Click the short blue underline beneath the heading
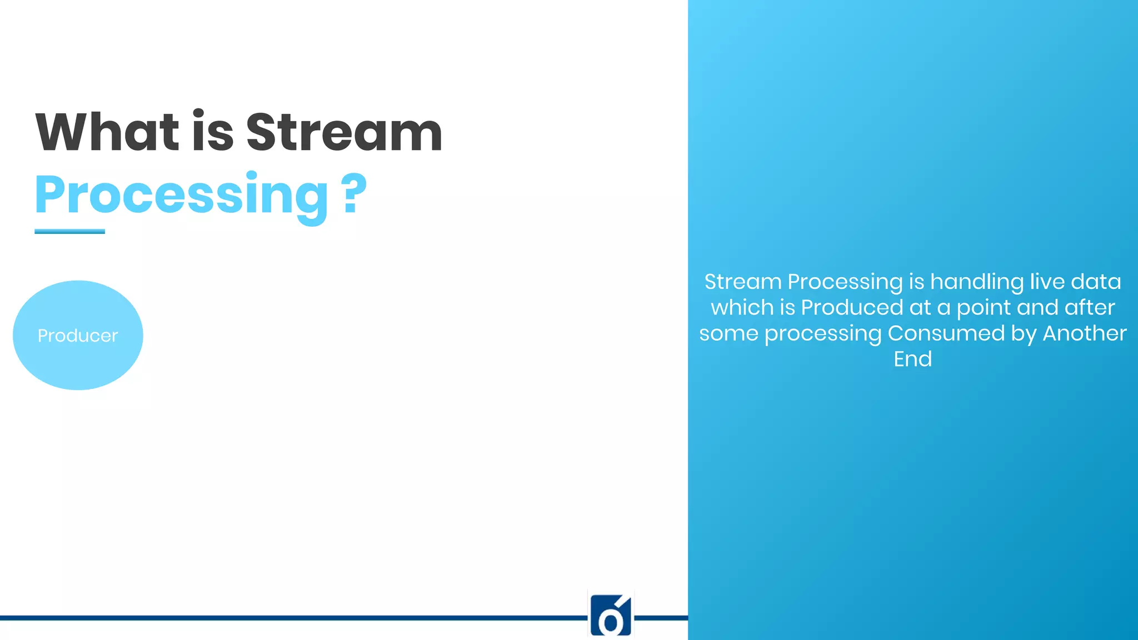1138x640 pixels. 69,231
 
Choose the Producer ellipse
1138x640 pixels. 78,335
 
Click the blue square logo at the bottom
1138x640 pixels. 611,615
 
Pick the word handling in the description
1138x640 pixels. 977,282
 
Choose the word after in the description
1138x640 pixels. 1090,307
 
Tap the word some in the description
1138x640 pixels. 728,333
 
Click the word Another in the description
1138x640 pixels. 1084,333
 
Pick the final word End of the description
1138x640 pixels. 912,359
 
